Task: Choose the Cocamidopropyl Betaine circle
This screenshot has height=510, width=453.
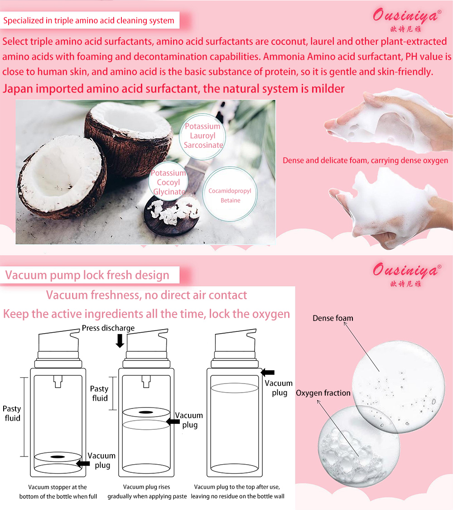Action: (x=230, y=195)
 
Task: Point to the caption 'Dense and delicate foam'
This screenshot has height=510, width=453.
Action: (x=365, y=160)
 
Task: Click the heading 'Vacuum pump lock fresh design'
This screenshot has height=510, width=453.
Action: (x=87, y=275)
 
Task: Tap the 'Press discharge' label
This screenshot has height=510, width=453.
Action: (x=108, y=328)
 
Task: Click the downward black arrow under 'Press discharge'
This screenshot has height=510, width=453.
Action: (x=120, y=340)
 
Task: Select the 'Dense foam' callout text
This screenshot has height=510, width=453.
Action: (x=333, y=318)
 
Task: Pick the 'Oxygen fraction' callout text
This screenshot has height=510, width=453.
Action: (x=323, y=393)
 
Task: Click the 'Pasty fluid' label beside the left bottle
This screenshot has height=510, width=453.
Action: (x=12, y=413)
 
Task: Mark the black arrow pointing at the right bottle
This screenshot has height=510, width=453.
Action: (x=268, y=372)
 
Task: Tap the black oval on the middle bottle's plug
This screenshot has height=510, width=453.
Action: (x=145, y=412)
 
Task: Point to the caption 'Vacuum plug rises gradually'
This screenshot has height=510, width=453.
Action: (x=147, y=491)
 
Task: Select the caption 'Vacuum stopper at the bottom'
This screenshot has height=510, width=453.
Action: (x=58, y=491)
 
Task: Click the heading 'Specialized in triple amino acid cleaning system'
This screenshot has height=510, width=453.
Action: (x=89, y=20)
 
